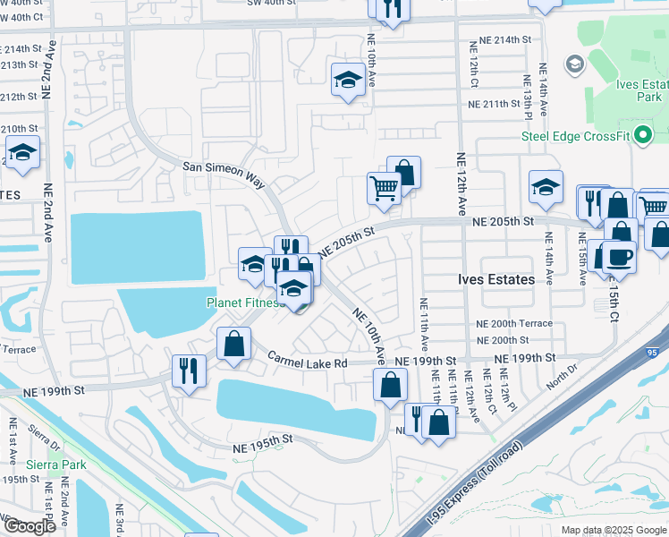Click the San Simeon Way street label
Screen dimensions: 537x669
pos(224,173)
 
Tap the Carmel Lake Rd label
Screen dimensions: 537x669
pos(307,360)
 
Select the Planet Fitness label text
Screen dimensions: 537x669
pos(245,303)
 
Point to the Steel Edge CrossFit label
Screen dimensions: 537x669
pos(575,136)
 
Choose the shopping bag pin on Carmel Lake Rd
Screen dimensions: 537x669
pos(234,344)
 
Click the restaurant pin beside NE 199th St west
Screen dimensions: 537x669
pos(189,370)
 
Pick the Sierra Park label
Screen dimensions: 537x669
pos(30,465)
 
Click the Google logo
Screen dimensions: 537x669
pos(29,526)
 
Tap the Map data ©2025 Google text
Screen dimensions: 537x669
pos(613,530)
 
